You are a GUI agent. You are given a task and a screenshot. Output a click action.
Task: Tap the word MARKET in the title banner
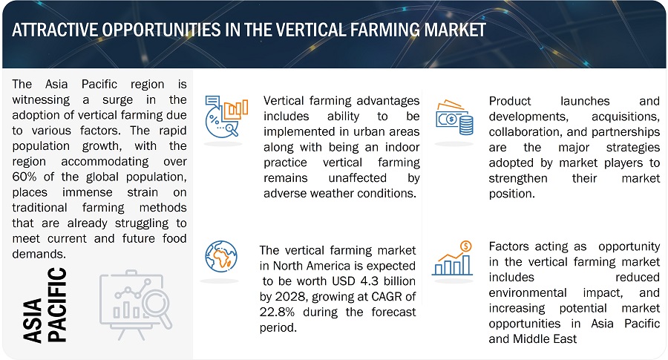[x=455, y=30]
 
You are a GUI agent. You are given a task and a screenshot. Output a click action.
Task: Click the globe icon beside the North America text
[x=221, y=257]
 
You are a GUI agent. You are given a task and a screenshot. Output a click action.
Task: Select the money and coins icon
[x=454, y=117]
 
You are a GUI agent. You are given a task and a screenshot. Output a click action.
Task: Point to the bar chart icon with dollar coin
[x=453, y=258]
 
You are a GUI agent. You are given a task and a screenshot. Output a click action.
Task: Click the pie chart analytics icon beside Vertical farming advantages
[x=226, y=117]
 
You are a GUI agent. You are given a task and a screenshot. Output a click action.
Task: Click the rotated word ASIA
[x=33, y=321]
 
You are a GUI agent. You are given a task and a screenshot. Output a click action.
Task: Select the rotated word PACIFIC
[x=57, y=304]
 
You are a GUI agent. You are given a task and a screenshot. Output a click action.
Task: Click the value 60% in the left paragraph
[x=24, y=177]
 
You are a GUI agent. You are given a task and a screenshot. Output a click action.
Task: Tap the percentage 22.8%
[x=277, y=312]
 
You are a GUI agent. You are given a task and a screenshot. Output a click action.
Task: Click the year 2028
[x=290, y=296]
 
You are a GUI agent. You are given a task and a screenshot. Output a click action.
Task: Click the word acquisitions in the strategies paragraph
[x=626, y=117]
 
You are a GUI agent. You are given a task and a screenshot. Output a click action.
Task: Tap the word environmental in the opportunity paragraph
[x=528, y=292]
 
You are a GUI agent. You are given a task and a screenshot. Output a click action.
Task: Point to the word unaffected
[x=358, y=177]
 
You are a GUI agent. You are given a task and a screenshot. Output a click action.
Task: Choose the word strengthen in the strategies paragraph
[x=518, y=178]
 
